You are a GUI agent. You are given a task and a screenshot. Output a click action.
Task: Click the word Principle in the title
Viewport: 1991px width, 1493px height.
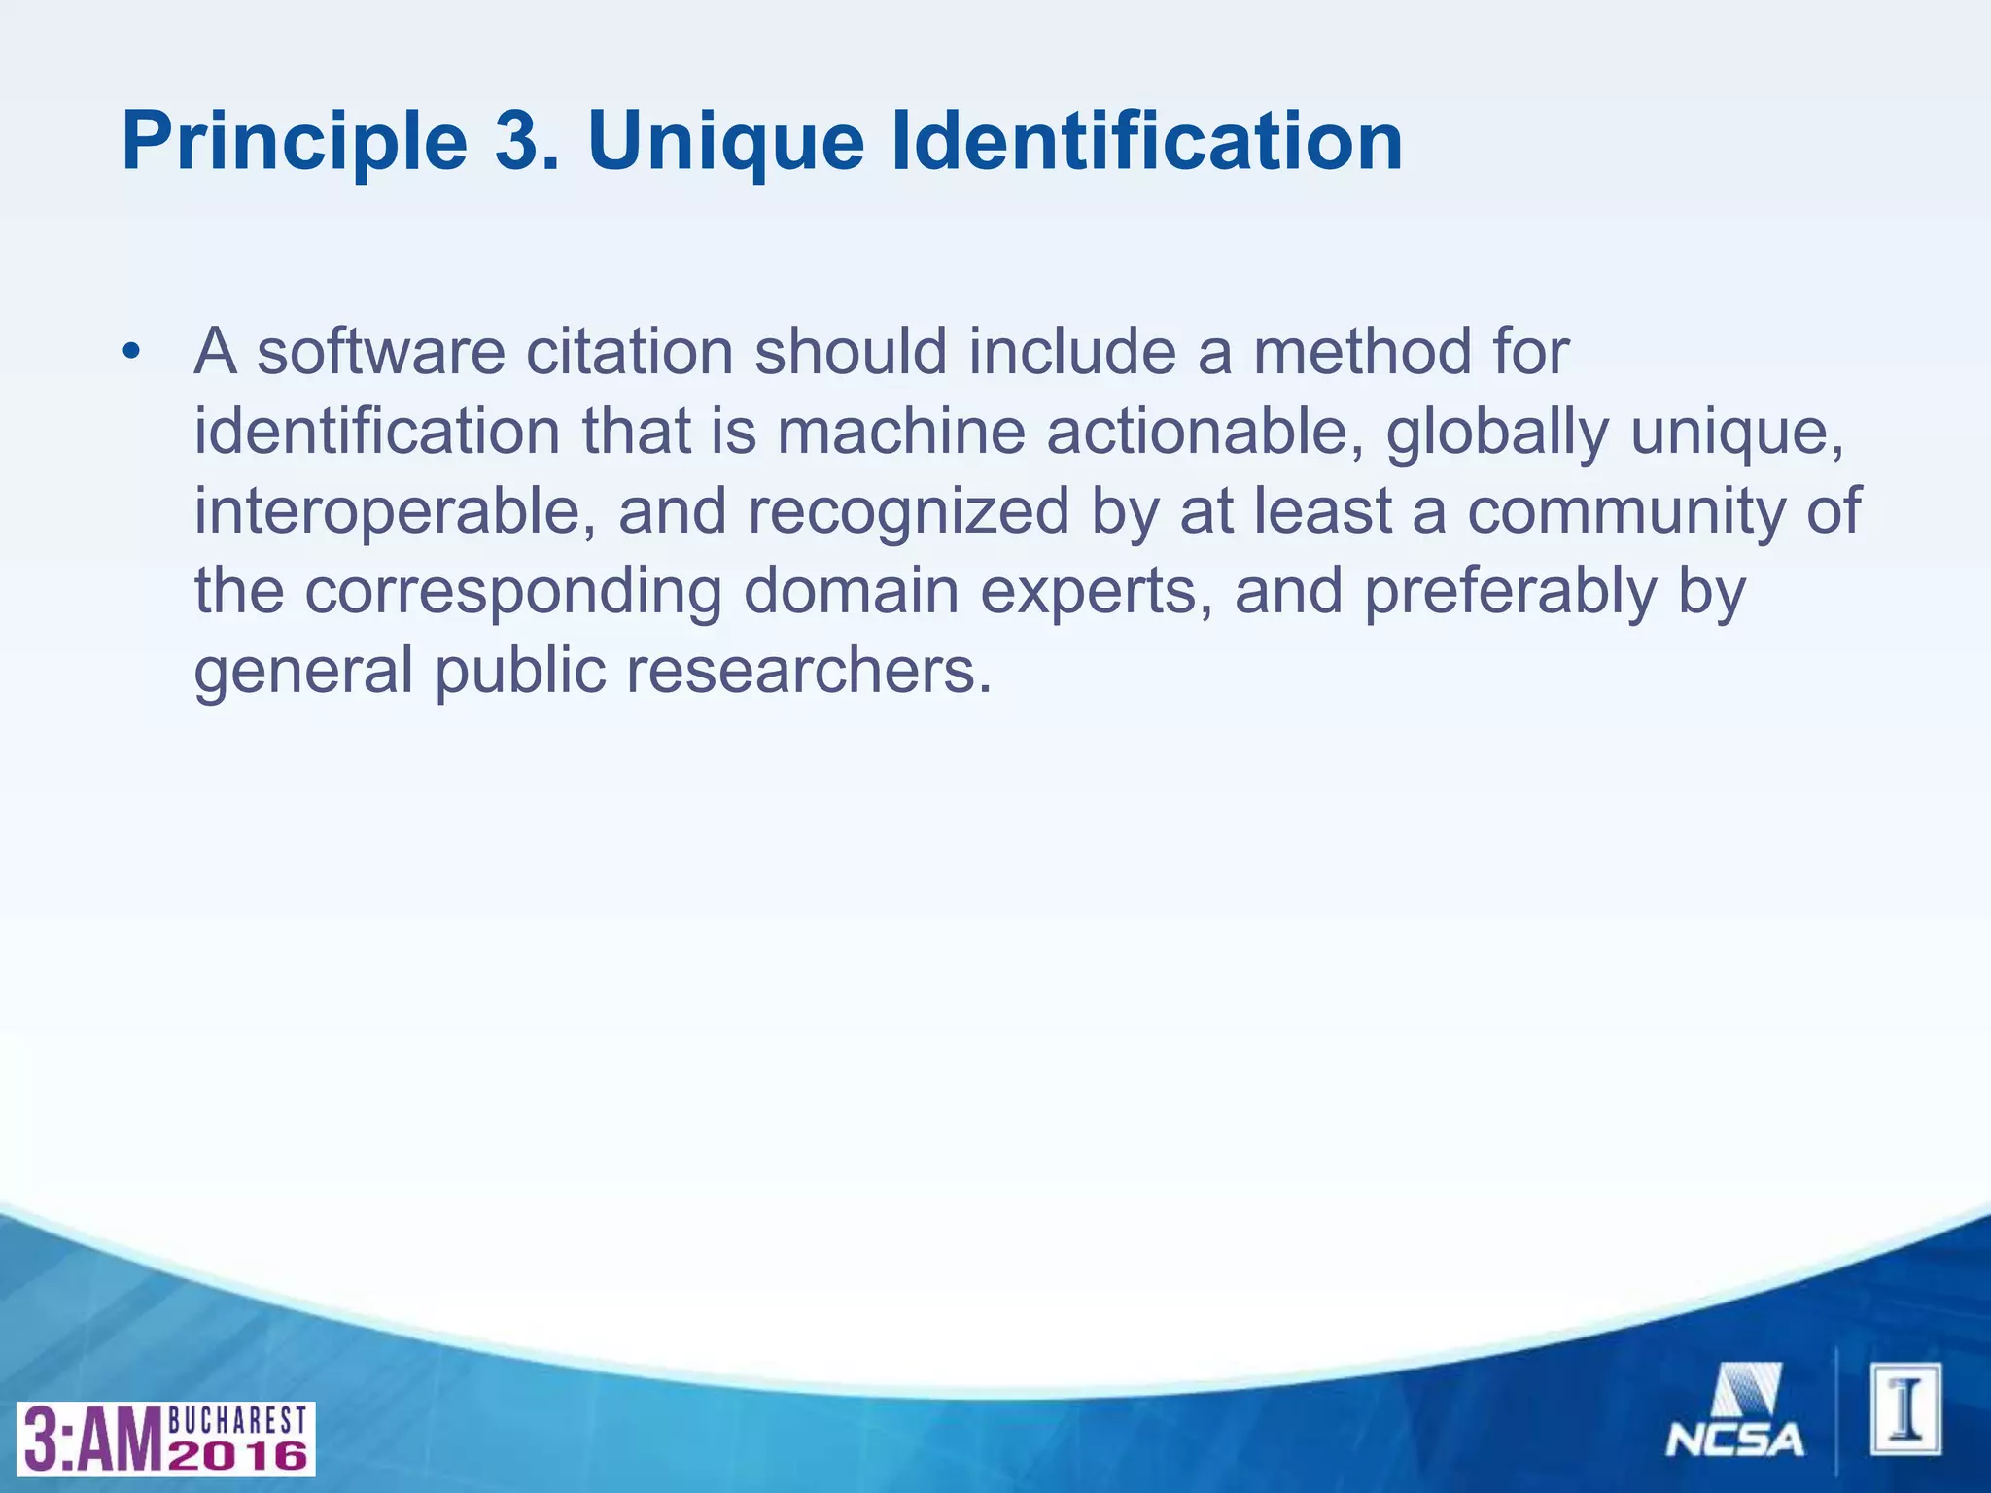295,143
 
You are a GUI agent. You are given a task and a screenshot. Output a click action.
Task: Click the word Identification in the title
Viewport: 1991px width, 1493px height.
1146,143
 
